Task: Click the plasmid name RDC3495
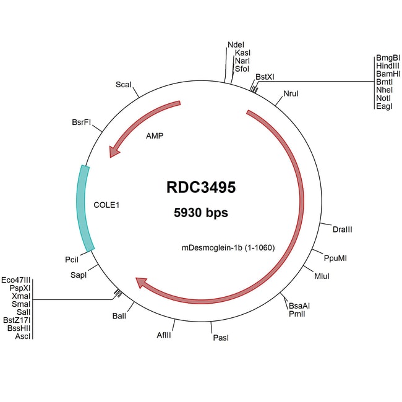point(201,187)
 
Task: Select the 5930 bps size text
point(201,213)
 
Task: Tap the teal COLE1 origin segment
point(85,208)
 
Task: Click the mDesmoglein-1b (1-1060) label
point(228,248)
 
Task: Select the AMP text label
point(155,135)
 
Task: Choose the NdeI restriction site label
point(236,45)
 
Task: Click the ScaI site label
point(124,84)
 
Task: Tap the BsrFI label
point(82,122)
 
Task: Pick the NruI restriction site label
point(291,93)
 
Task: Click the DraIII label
point(342,229)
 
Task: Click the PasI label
point(221,338)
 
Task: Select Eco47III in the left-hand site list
point(16,280)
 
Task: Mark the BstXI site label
point(265,76)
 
